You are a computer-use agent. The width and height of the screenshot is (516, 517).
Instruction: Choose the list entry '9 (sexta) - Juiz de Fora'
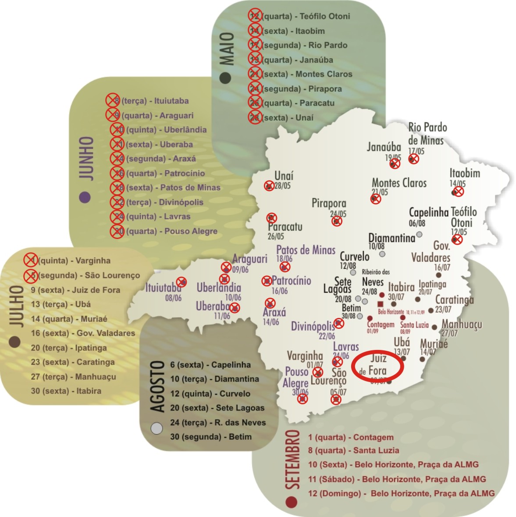75,290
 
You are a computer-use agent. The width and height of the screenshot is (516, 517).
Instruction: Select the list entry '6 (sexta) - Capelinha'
210,365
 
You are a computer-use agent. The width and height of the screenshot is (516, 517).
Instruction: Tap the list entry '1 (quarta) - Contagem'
351,437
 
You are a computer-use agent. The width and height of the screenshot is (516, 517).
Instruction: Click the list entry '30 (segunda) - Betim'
211,437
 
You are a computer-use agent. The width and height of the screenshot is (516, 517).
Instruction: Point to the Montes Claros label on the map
399,182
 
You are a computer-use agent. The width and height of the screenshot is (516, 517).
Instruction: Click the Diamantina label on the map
391,238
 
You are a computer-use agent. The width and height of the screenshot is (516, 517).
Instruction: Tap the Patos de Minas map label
306,250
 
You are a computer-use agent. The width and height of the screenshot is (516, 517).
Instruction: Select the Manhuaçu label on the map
462,324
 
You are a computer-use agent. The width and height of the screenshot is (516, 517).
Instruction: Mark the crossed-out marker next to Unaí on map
269,186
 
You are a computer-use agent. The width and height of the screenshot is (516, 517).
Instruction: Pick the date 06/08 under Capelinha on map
417,223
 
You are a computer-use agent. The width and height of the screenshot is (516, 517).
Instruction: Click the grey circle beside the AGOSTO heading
157,428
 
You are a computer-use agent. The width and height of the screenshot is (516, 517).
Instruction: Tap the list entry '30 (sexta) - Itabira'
66,391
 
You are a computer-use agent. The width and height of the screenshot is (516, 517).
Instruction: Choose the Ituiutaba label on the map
163,288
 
